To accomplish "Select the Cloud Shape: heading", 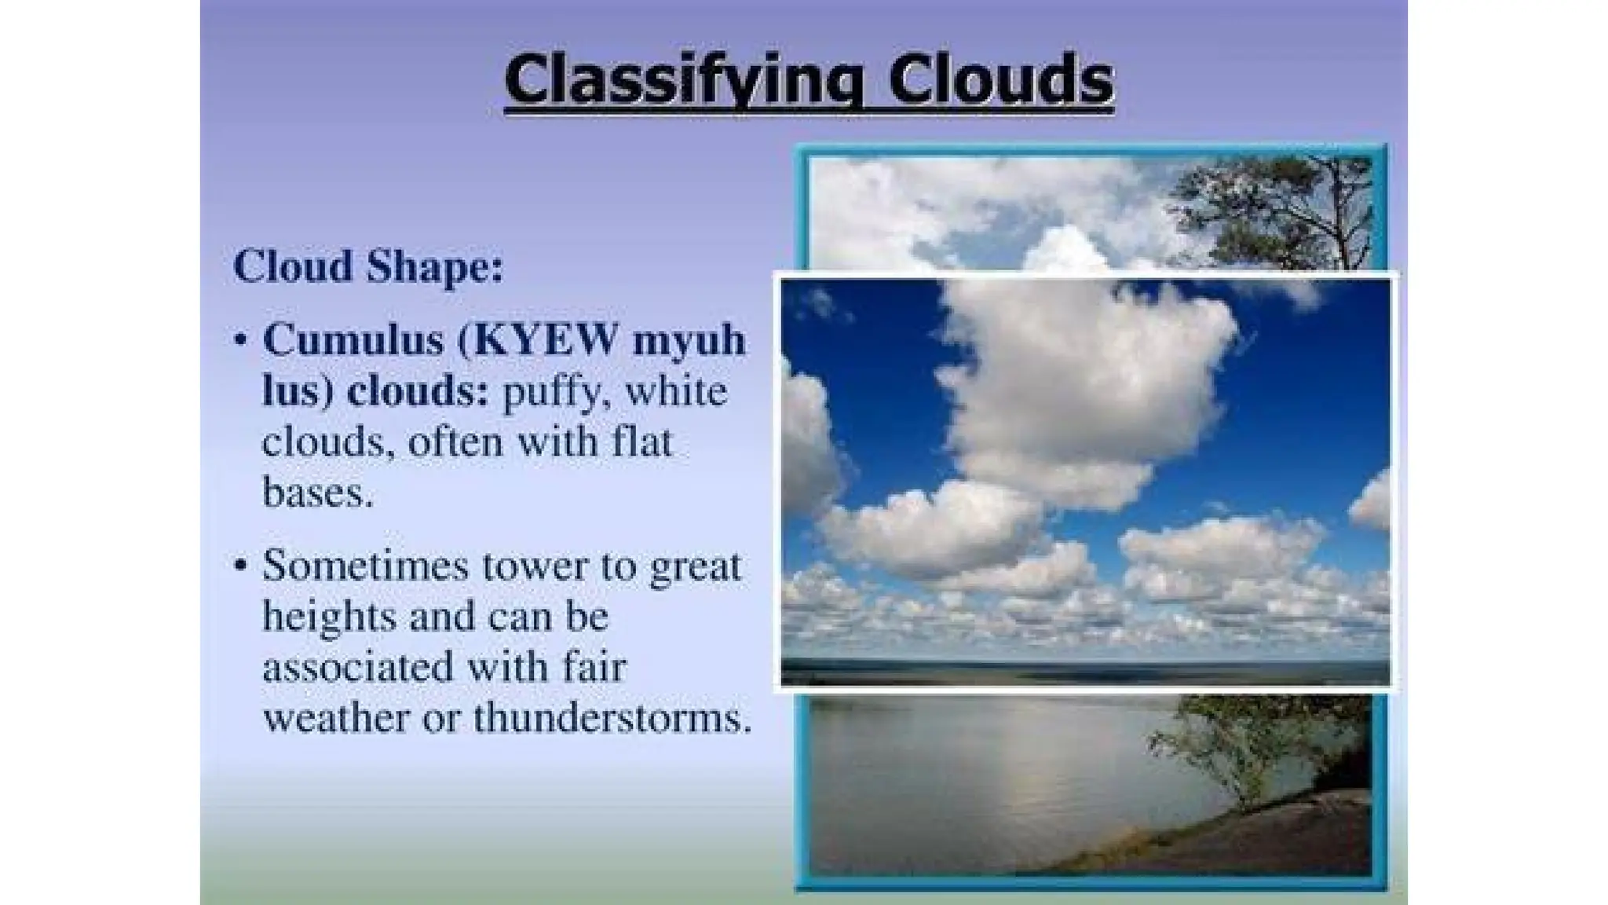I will pyautogui.click(x=368, y=266).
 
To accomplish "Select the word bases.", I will pyautogui.click(x=316, y=493).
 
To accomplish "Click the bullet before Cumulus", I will pyautogui.click(x=241, y=341).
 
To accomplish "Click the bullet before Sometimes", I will pyautogui.click(x=241, y=566).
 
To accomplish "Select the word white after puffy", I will pyautogui.click(x=676, y=391).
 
